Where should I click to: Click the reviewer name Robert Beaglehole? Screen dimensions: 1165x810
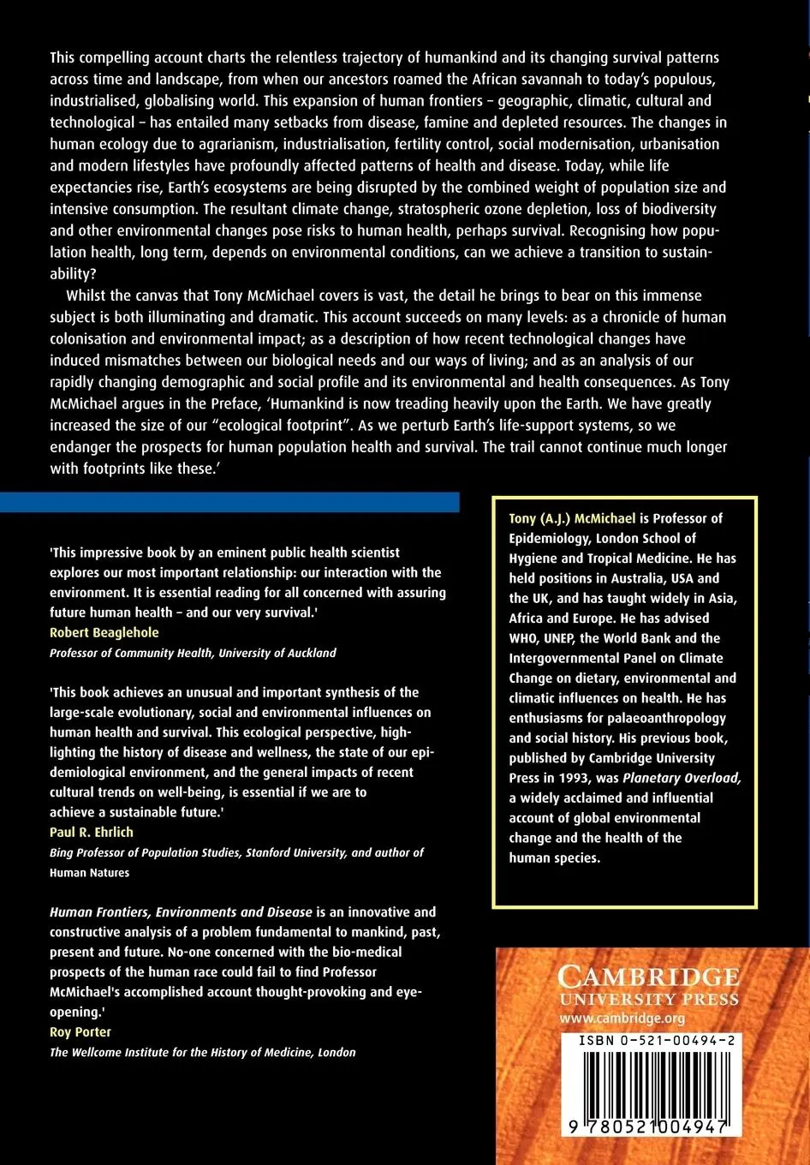104,632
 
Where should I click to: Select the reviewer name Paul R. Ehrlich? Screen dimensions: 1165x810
91,832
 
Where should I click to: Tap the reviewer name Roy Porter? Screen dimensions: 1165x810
80,1031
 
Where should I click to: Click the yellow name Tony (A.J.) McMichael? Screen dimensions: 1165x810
572,517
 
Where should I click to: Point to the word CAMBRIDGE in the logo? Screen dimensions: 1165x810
648,977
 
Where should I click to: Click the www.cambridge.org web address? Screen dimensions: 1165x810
622,1018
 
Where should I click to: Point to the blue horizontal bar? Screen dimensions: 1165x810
229,502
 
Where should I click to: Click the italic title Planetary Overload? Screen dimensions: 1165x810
682,778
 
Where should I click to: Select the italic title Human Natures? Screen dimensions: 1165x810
89,872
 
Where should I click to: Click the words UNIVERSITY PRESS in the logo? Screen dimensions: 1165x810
648,1000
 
